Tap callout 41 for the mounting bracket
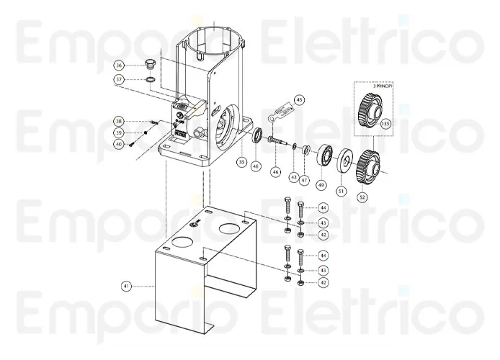[126, 286]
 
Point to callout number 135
[385, 124]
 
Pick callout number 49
[321, 185]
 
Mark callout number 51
[341, 191]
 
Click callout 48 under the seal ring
[255, 166]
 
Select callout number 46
[275, 172]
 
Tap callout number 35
[241, 162]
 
